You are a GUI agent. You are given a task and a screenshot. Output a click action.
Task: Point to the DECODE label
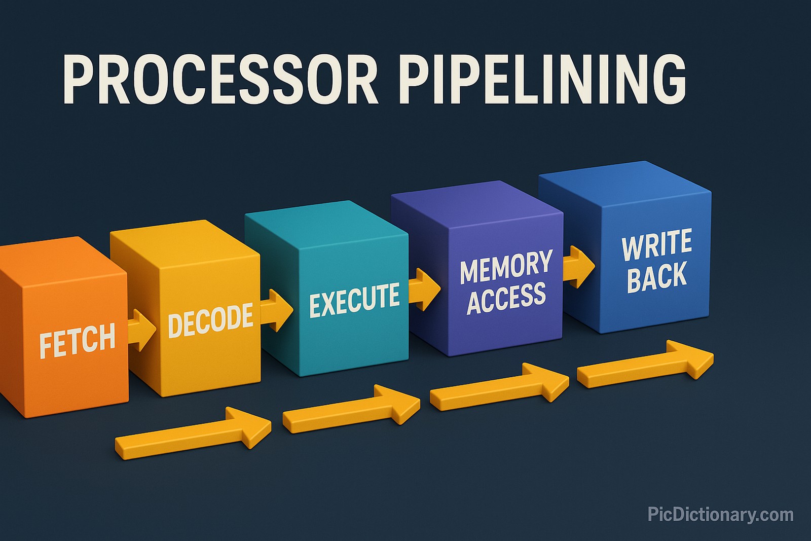(210, 319)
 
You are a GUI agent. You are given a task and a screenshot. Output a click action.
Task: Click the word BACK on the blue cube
(657, 276)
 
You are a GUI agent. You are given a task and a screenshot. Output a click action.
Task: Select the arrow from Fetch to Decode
(141, 330)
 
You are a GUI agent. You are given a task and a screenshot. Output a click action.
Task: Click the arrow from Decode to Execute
(277, 309)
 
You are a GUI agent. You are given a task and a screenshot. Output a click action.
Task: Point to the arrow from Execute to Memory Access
(424, 289)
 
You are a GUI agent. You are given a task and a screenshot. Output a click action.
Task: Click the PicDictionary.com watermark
(720, 515)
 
